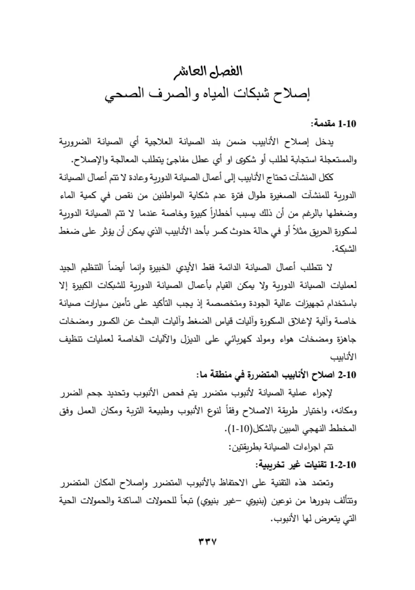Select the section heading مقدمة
(325, 123)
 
